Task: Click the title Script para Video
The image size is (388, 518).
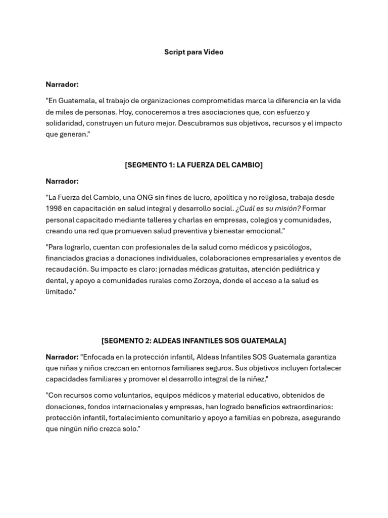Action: pyautogui.click(x=193, y=52)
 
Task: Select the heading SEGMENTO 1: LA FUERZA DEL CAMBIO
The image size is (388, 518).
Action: pyautogui.click(x=193, y=165)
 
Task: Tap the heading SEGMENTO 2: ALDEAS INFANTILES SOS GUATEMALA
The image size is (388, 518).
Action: pyautogui.click(x=193, y=341)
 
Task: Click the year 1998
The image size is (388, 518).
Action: pyautogui.click(x=54, y=208)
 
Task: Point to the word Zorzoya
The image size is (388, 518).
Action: pyautogui.click(x=207, y=280)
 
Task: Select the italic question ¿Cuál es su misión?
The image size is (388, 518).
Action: pyautogui.click(x=268, y=208)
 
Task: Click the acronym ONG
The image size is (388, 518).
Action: pyautogui.click(x=150, y=197)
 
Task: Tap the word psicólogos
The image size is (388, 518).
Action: pyautogui.click(x=294, y=247)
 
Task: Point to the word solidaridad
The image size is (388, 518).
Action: pyautogui.click(x=63, y=123)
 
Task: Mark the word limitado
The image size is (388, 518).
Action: pyautogui.click(x=60, y=291)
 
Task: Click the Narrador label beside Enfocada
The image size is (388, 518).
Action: pyautogui.click(x=62, y=357)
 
